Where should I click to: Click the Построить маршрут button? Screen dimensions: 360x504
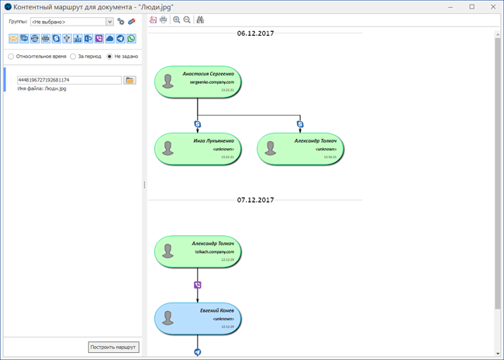pyautogui.click(x=114, y=347)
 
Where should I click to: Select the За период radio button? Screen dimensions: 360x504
pyautogui.click(x=73, y=57)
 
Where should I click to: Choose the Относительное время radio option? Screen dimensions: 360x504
pyautogui.click(x=11, y=57)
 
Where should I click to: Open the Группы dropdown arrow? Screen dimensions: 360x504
pyautogui.click(x=110, y=22)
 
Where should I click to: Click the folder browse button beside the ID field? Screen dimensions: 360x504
pyautogui.click(x=129, y=80)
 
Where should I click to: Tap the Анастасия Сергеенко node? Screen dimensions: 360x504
pyautogui.click(x=198, y=81)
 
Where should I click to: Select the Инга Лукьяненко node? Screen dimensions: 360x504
pyautogui.click(x=198, y=148)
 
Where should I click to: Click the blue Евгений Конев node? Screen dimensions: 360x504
pyautogui.click(x=198, y=317)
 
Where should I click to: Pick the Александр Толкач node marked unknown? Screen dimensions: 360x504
pyautogui.click(x=300, y=148)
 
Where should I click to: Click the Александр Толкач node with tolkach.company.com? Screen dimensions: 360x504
pyautogui.click(x=198, y=251)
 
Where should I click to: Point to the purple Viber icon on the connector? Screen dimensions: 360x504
pyautogui.click(x=198, y=285)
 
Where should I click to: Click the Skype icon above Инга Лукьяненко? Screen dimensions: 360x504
pyautogui.click(x=198, y=124)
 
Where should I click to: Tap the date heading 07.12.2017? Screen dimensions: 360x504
pyautogui.click(x=255, y=200)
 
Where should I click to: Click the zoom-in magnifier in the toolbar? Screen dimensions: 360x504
pyautogui.click(x=177, y=20)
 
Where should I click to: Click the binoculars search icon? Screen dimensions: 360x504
pyautogui.click(x=200, y=20)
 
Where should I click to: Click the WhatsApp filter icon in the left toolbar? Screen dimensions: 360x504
pyautogui.click(x=131, y=39)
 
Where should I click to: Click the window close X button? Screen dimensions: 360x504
pyautogui.click(x=490, y=6)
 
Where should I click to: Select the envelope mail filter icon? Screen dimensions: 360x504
pyautogui.click(x=13, y=39)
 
